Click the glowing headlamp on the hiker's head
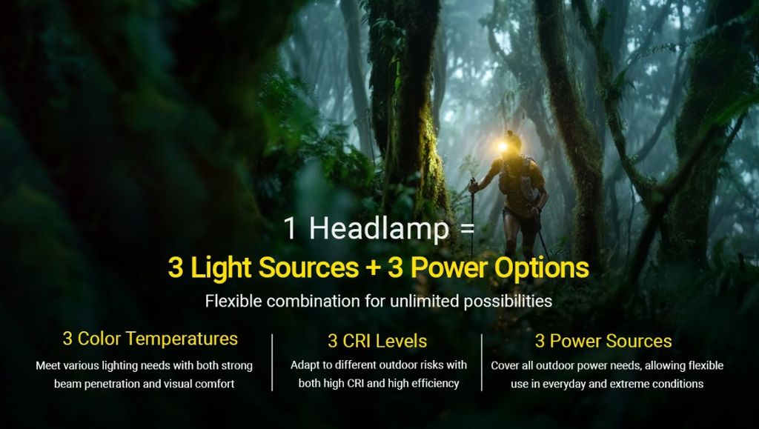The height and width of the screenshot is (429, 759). coord(503,147)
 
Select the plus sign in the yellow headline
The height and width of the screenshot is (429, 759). coord(373,268)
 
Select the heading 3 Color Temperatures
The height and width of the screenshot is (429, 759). coord(150,339)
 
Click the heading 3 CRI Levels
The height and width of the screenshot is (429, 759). coord(377,341)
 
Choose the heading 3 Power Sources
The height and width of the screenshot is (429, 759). coord(603,341)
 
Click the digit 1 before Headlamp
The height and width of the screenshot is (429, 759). coord(291,228)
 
